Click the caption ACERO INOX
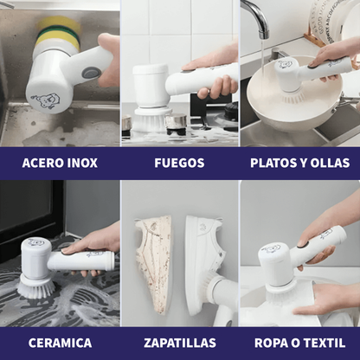click(x=60, y=163)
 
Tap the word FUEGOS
click(x=179, y=163)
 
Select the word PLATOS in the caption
click(x=273, y=163)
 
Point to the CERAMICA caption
click(x=60, y=343)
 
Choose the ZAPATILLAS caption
click(x=180, y=343)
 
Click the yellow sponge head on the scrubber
click(x=59, y=32)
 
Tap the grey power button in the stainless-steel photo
click(x=90, y=74)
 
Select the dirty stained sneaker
click(x=154, y=263)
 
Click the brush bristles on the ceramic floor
click(x=36, y=289)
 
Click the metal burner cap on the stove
click(x=176, y=120)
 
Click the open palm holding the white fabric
click(x=327, y=300)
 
